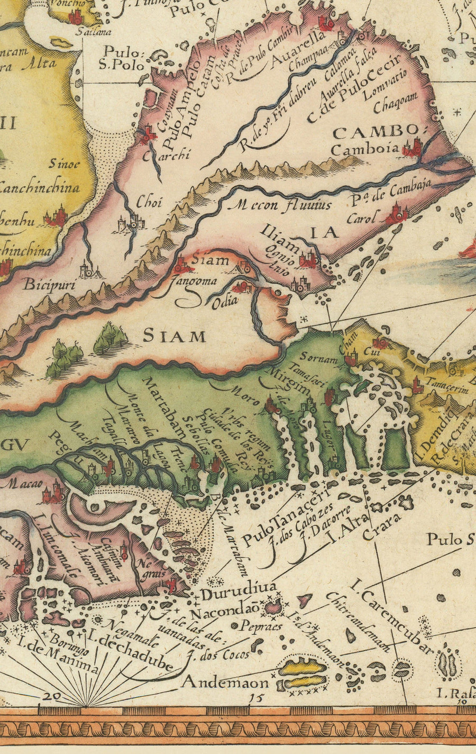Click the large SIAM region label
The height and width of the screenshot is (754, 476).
click(x=175, y=336)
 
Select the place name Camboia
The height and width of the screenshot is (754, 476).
click(x=364, y=149)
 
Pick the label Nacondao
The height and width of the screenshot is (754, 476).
click(x=224, y=614)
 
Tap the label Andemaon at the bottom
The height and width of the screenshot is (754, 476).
click(x=225, y=683)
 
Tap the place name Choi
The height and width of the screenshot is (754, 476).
click(x=149, y=202)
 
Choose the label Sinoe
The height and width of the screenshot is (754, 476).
click(x=65, y=163)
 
